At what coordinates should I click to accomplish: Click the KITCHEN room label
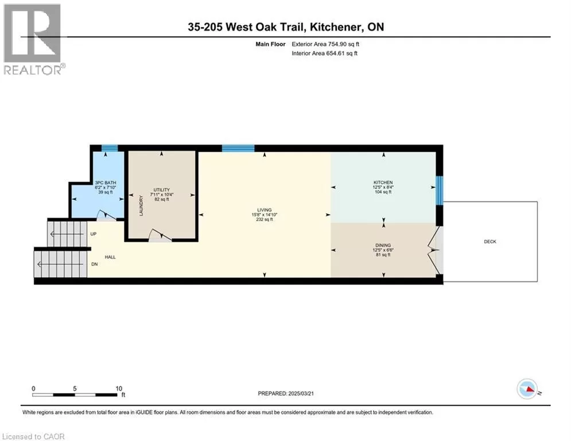click(x=383, y=182)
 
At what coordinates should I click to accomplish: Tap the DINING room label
click(x=383, y=245)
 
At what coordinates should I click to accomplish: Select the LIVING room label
click(x=265, y=210)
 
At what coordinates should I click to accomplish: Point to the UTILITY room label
click(x=162, y=190)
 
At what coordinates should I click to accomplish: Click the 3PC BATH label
click(x=105, y=183)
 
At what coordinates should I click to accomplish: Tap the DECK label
click(x=490, y=242)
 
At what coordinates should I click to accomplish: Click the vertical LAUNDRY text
click(x=141, y=206)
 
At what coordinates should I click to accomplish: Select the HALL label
click(x=110, y=257)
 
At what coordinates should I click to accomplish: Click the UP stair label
click(x=94, y=234)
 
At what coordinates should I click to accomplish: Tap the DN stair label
click(x=94, y=264)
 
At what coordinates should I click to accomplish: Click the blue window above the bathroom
click(x=110, y=148)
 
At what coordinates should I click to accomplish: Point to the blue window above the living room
click(x=238, y=148)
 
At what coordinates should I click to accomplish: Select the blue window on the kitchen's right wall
click(x=440, y=191)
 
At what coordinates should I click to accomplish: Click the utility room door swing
click(x=161, y=235)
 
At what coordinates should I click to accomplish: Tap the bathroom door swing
click(x=106, y=215)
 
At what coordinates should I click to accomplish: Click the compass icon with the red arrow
click(x=527, y=389)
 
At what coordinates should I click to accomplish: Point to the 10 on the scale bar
click(x=119, y=389)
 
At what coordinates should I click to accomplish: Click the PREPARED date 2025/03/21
click(x=301, y=393)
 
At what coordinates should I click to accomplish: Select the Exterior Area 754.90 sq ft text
click(x=325, y=44)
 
